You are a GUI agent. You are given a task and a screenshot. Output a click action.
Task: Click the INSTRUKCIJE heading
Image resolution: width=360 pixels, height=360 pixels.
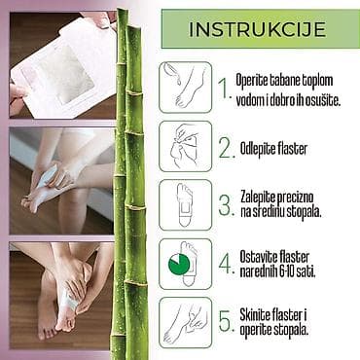pyautogui.click(x=257, y=29)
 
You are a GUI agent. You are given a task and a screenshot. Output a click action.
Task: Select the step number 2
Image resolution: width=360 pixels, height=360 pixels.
pyautogui.click(x=226, y=149)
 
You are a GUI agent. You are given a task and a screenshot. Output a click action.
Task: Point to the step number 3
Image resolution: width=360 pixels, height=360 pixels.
pyautogui.click(x=226, y=206)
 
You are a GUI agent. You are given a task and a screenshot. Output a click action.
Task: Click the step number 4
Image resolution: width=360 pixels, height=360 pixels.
pyautogui.click(x=226, y=264)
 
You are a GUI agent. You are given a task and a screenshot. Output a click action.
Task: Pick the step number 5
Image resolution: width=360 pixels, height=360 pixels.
pyautogui.click(x=226, y=321)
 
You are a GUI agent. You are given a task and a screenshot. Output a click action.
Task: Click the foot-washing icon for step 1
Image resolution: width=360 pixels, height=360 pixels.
pyautogui.click(x=186, y=88)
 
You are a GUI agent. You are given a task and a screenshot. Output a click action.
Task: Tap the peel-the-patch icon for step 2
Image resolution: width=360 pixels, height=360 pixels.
pyautogui.click(x=186, y=146)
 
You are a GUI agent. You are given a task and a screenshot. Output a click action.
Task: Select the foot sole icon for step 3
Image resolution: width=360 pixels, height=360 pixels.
pyautogui.click(x=186, y=205)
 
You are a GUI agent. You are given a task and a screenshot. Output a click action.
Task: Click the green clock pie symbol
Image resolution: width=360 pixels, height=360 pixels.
pyautogui.click(x=179, y=264)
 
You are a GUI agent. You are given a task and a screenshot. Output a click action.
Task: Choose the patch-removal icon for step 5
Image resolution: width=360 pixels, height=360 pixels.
pyautogui.click(x=186, y=323)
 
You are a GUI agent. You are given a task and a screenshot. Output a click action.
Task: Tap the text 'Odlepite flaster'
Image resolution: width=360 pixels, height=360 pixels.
pyautogui.click(x=273, y=149)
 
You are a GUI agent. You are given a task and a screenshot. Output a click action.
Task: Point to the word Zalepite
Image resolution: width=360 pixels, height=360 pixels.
pyautogui.click(x=259, y=198)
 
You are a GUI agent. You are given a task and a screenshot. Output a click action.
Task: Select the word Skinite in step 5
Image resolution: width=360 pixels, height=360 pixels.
pyautogui.click(x=255, y=314)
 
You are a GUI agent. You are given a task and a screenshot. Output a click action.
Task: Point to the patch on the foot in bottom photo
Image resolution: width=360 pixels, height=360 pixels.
pyautogui.click(x=70, y=301)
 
